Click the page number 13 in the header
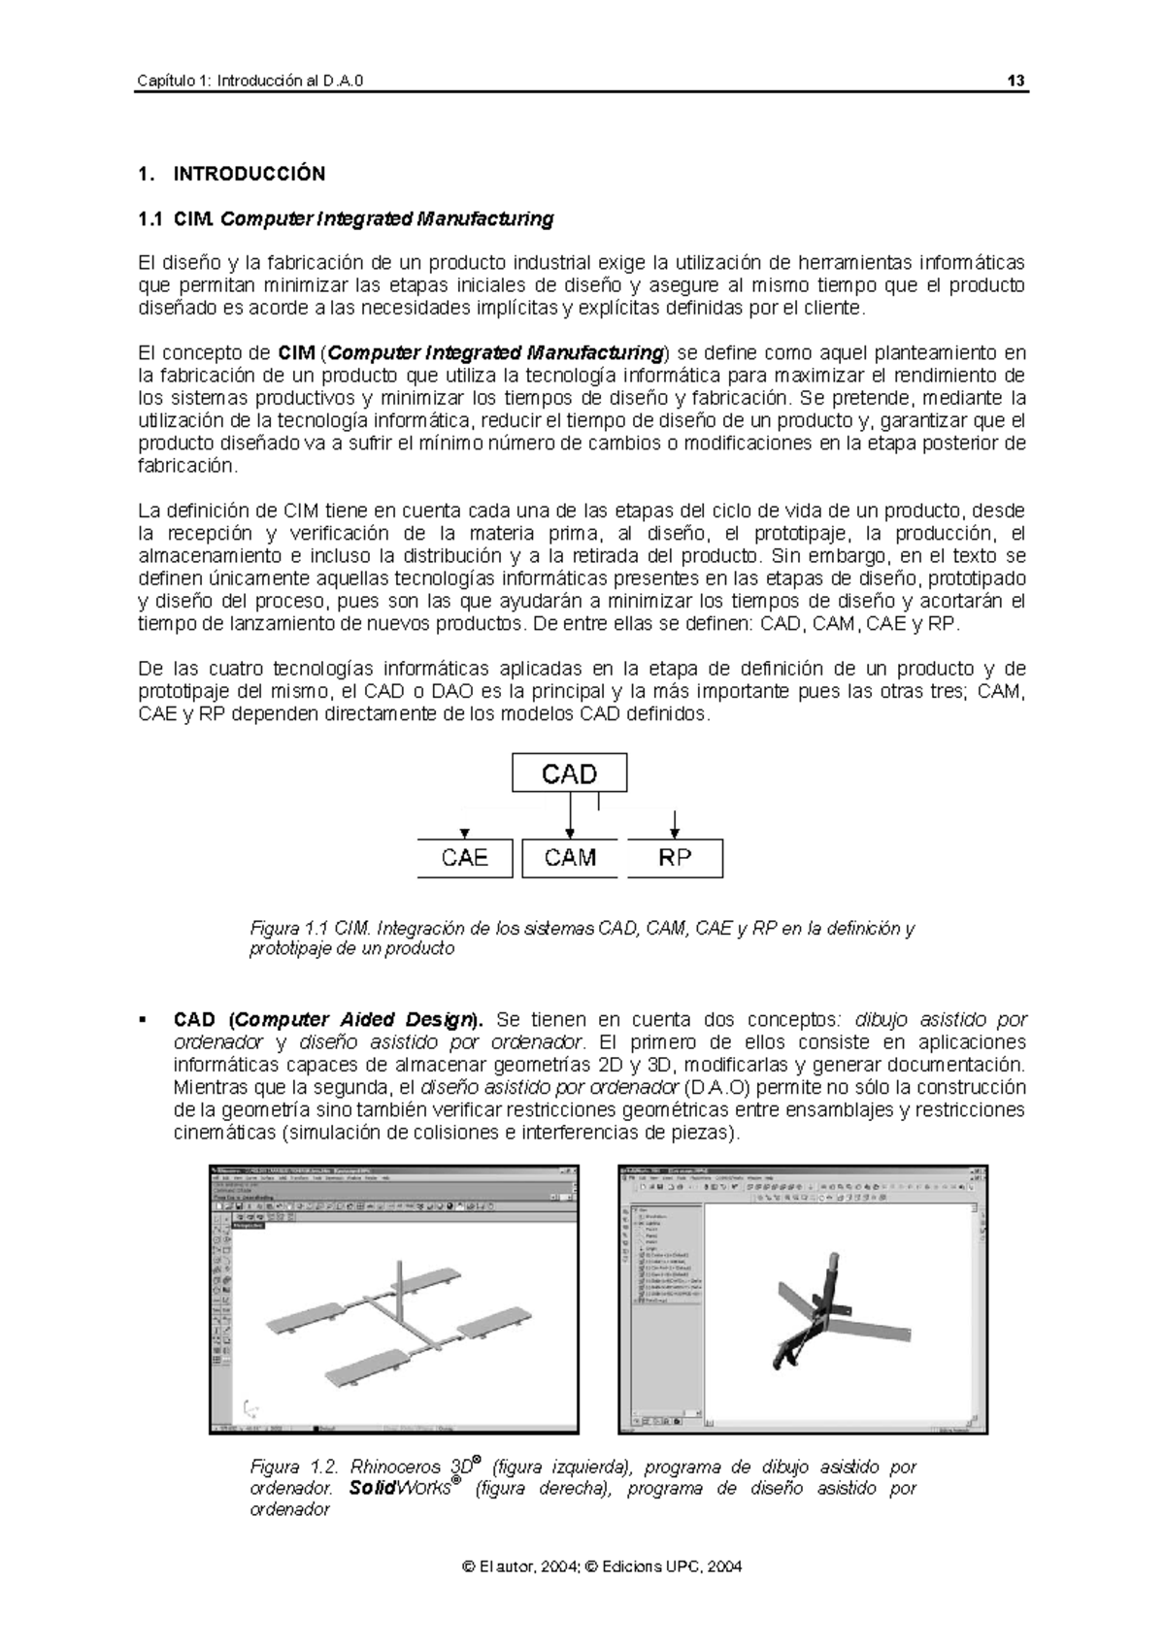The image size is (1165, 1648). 1016,81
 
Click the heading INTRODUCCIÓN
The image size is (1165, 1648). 249,175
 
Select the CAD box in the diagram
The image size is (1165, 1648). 569,774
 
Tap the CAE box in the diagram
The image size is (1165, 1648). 464,858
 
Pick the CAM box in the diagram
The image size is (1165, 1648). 569,858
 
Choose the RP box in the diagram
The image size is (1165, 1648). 675,858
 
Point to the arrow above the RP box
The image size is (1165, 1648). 675,823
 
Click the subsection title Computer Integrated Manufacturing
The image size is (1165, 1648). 386,219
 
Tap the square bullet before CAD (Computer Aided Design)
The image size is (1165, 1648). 144,1019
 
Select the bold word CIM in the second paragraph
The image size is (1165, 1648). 295,352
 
